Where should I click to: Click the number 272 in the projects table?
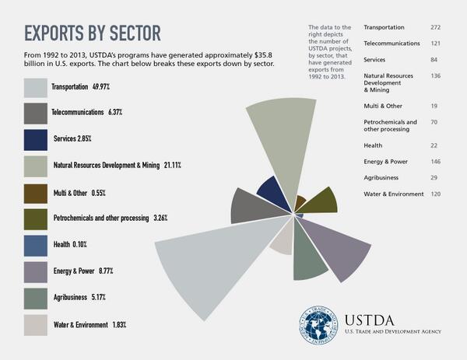pyautogui.click(x=436, y=27)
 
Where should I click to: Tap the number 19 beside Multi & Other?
pyautogui.click(x=436, y=105)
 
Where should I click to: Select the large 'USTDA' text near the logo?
pyautogui.click(x=373, y=317)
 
